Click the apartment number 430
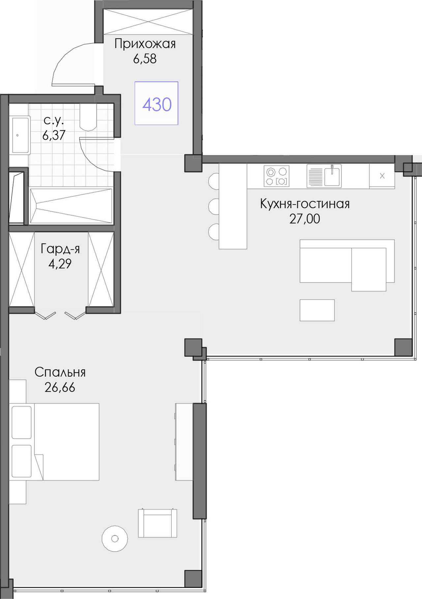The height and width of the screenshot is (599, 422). (157, 104)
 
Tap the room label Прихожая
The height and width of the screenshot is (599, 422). (145, 44)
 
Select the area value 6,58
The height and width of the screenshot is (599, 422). (145, 59)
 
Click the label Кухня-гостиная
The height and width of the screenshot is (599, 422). (305, 204)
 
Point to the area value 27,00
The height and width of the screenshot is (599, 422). (305, 219)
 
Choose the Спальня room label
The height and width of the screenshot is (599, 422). (60, 372)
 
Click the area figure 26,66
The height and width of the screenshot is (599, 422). (60, 387)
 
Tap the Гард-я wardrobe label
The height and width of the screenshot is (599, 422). (60, 249)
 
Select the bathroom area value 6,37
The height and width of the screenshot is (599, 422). (54, 135)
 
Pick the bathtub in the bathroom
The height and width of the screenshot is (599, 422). (71, 206)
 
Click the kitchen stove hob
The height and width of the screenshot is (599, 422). (277, 176)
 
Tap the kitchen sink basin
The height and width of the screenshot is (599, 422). (332, 177)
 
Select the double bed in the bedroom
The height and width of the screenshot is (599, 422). (54, 442)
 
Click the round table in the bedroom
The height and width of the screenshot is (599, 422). (115, 539)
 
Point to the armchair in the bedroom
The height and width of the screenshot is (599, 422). (158, 523)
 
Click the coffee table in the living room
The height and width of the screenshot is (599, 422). (317, 310)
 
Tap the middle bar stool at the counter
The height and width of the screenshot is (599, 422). (214, 207)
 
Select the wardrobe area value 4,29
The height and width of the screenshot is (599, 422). (60, 264)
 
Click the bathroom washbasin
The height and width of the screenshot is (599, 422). (20, 135)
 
